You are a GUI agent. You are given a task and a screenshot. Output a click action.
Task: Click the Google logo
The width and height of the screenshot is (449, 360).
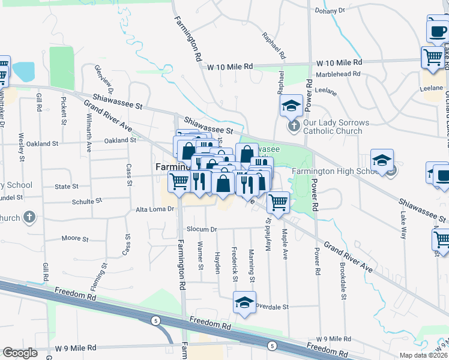pos(20,353)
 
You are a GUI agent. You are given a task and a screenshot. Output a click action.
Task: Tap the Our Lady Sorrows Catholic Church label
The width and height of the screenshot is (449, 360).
pos(333,127)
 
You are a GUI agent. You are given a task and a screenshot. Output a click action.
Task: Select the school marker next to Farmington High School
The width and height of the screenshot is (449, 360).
pos(382,161)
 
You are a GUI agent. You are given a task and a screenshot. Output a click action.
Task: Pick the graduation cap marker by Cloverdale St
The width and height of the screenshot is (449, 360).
pos(244,303)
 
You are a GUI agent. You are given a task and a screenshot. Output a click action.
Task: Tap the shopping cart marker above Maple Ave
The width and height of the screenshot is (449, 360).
pos(278,203)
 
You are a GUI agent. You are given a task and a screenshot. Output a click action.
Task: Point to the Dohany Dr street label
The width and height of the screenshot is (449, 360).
pos(330,11)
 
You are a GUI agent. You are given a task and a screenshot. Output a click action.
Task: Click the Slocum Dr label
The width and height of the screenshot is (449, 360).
pos(202,229)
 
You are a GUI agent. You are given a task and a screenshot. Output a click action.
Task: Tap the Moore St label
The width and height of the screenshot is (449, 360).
pos(75,239)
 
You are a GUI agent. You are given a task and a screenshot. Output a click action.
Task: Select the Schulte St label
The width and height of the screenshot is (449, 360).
pos(83,202)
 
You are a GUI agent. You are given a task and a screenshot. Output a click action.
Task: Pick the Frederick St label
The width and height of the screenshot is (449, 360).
pos(235,262)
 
